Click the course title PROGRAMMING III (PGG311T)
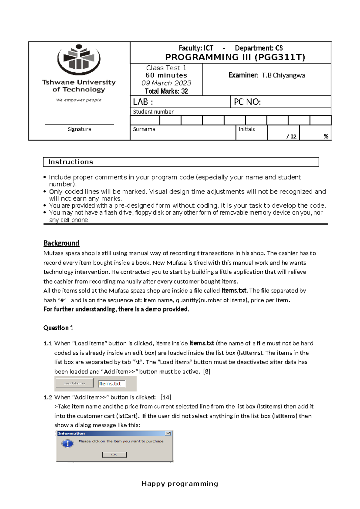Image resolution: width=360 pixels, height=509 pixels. tap(235, 57)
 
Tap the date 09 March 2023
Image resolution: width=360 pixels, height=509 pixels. tap(166, 83)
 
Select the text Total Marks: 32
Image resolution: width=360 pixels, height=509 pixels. tap(166, 91)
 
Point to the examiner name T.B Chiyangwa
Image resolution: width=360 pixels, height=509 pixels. tap(283, 75)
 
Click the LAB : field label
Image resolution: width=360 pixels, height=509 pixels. tap(143, 102)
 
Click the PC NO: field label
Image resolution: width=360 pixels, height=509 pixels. tap(247, 102)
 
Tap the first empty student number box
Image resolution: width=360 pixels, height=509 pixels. tap(145, 120)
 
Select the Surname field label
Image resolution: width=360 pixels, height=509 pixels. tap(144, 129)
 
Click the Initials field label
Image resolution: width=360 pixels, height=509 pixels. tap(247, 129)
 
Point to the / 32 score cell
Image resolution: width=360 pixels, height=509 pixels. tap(291, 137)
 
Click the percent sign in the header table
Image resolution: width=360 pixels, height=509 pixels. tap(326, 137)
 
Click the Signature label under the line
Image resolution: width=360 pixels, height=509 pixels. tap(79, 129)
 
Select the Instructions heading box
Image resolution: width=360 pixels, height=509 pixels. tap(181, 162)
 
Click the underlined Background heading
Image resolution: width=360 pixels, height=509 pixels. tap(61, 243)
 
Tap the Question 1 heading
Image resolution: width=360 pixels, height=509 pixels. tap(58, 328)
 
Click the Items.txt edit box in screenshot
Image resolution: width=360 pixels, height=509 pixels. tap(112, 384)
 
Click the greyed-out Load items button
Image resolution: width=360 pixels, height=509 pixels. tap(74, 383)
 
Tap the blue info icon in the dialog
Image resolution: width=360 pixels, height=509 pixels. tap(67, 443)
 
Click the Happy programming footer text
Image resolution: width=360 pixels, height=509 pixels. tap(180, 483)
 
